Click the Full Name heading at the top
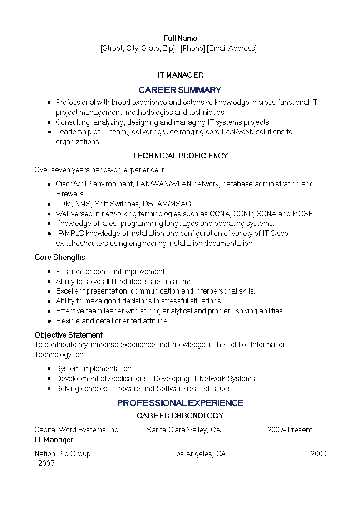[x=180, y=38]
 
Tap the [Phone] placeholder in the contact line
[x=193, y=48]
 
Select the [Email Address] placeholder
[x=232, y=48]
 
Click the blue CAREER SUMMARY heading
[x=180, y=90]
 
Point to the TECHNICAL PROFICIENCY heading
[x=180, y=156]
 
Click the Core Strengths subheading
[x=60, y=257]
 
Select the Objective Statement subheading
[x=69, y=335]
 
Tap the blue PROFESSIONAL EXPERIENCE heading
[x=180, y=403]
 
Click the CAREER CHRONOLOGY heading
[x=180, y=416]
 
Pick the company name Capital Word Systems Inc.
[x=77, y=430]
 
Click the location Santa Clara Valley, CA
[x=183, y=430]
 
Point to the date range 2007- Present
[x=290, y=430]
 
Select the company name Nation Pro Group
[x=63, y=454]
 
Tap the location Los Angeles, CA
[x=199, y=454]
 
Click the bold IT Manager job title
[x=54, y=440]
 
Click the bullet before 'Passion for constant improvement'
[x=49, y=272]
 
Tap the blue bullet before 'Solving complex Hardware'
[x=49, y=389]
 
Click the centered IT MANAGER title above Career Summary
[x=180, y=75]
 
